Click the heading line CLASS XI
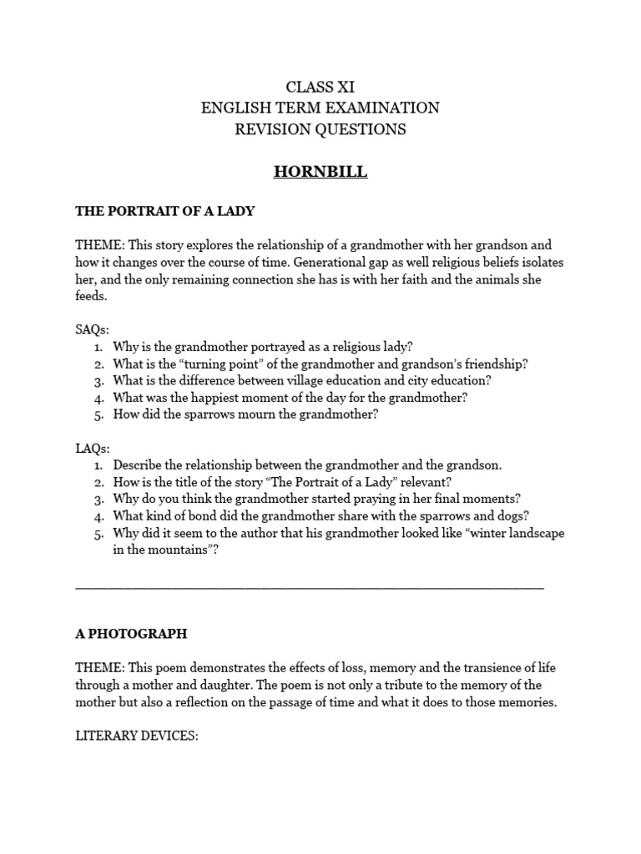pyautogui.click(x=320, y=87)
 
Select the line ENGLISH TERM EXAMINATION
pyautogui.click(x=320, y=108)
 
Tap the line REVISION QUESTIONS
pyautogui.click(x=320, y=129)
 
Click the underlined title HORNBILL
pyautogui.click(x=320, y=173)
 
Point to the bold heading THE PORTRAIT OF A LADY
pyautogui.click(x=164, y=212)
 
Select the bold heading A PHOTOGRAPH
pyautogui.click(x=131, y=634)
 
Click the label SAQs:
pyautogui.click(x=93, y=330)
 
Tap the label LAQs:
pyautogui.click(x=93, y=449)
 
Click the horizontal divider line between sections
pyautogui.click(x=310, y=588)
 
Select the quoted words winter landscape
pyautogui.click(x=509, y=533)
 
